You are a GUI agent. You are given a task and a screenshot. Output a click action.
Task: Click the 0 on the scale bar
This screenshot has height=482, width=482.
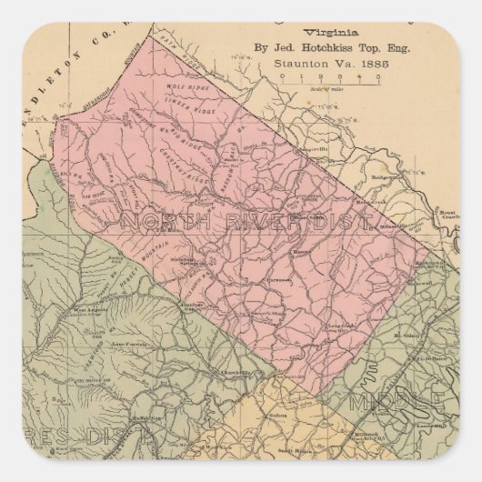pyautogui.click(x=285, y=78)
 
